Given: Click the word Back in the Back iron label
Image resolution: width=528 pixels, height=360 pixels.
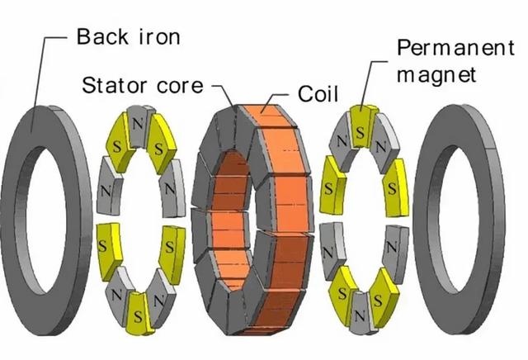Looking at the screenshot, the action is (102, 36).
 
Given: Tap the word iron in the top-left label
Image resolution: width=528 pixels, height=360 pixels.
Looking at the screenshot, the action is (159, 36).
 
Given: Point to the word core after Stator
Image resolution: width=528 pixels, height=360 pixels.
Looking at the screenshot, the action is (180, 86).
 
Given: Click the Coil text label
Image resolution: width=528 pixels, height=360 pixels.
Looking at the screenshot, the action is (318, 93).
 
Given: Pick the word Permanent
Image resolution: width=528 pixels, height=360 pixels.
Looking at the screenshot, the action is (455, 48).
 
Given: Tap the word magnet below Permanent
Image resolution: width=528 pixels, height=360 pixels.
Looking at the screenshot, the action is (436, 75).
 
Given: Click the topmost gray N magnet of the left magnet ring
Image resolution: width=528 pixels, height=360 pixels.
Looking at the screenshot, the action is (139, 126).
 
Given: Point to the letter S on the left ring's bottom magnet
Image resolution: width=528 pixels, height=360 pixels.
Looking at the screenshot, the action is (138, 317).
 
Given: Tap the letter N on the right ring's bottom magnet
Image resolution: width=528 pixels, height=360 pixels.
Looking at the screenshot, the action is (360, 316).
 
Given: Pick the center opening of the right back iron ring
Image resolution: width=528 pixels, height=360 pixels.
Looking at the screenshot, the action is (459, 219).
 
